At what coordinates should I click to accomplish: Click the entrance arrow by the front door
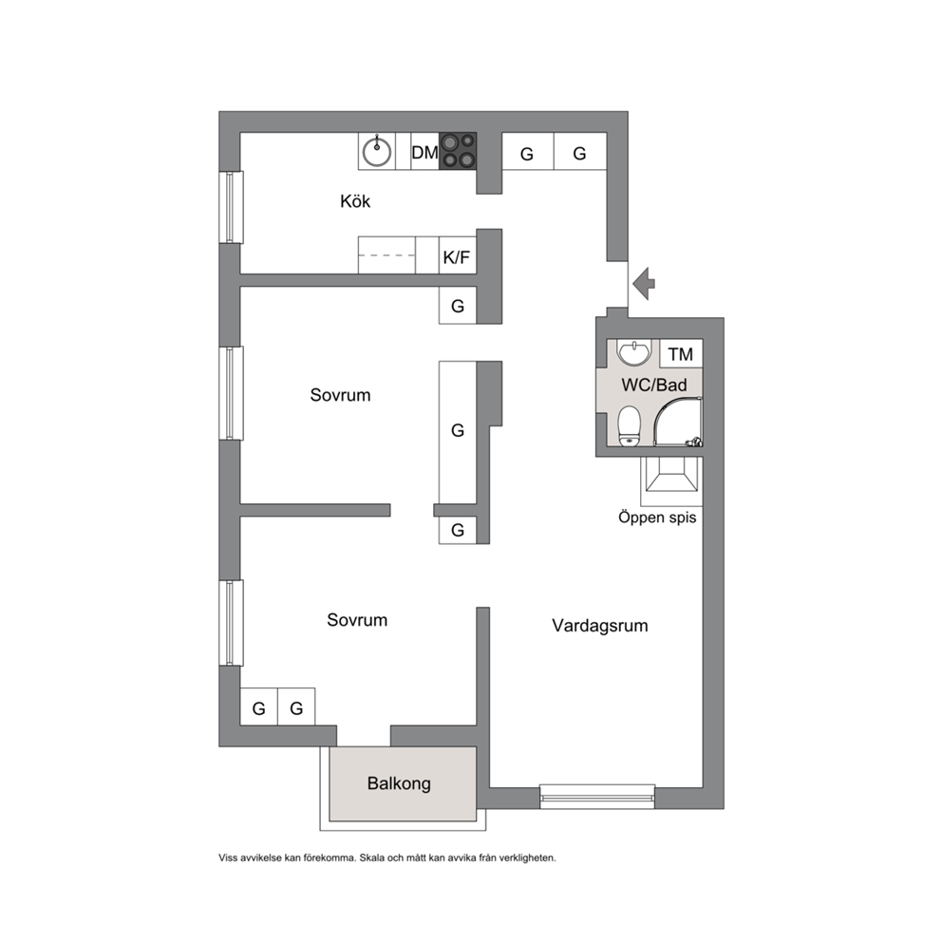coord(644,283)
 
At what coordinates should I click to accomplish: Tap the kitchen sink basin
coord(377,152)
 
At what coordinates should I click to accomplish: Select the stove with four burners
coord(458,151)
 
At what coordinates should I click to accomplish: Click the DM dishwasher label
coord(424,153)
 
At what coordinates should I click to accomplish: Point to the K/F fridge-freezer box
coord(458,255)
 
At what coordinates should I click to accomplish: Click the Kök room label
coord(355,200)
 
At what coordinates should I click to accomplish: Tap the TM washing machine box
coord(681,354)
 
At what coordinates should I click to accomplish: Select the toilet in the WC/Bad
coord(629,426)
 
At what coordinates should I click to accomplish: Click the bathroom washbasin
coord(633,352)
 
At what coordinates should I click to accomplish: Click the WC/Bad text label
coord(653,385)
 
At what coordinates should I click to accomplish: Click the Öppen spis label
coord(657,518)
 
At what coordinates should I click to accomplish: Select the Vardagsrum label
coord(599,626)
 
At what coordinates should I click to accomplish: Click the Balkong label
coord(399,783)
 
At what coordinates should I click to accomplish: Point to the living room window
coord(597,796)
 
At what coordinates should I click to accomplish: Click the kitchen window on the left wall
coord(231,207)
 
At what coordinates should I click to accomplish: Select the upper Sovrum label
coord(340,395)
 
